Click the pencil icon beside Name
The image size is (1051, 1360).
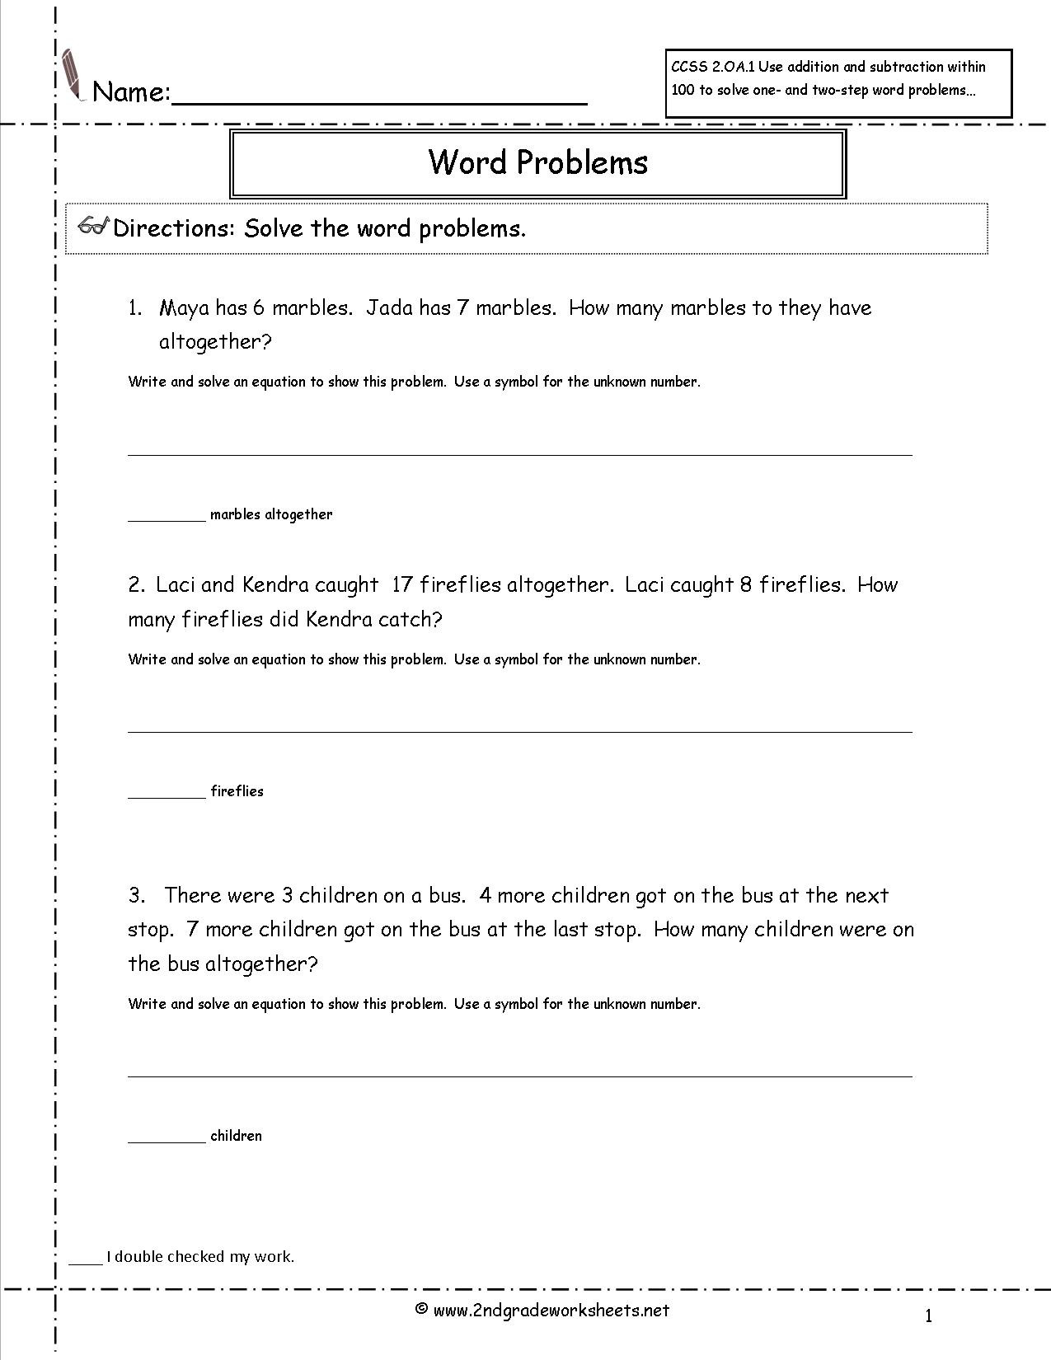tap(73, 75)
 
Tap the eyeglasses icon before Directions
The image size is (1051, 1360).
tap(94, 227)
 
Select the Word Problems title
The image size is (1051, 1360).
tap(537, 162)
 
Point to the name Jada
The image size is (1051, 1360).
tap(389, 308)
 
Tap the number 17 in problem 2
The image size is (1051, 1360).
tap(402, 585)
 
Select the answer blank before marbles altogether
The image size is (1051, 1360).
tap(167, 518)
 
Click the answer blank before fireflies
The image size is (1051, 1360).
tap(167, 795)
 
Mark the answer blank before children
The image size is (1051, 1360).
tap(167, 1139)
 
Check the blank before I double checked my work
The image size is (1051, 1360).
tap(84, 1261)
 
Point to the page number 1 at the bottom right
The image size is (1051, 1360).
tap(928, 1316)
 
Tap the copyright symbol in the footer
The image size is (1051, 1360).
tap(421, 1309)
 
